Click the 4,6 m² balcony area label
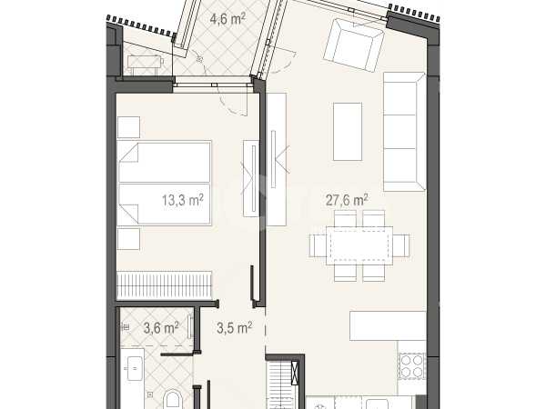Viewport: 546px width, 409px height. [227, 18]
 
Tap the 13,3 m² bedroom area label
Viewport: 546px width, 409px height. [183, 201]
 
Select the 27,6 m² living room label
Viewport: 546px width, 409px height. [347, 200]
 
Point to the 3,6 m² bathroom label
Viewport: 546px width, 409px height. [161, 327]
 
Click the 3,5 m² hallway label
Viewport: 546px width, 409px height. [235, 327]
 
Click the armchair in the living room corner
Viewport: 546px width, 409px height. [354, 45]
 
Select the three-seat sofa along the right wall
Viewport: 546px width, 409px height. [404, 132]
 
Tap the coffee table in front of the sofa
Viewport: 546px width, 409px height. [348, 132]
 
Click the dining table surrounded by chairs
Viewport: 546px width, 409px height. [359, 245]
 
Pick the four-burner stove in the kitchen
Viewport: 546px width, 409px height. [411, 365]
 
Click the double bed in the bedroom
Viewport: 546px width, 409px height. [165, 183]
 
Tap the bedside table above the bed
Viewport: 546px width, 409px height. [128, 127]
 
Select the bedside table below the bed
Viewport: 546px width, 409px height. [128, 239]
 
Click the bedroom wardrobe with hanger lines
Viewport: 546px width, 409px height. [165, 285]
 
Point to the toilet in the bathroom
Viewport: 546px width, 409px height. [172, 400]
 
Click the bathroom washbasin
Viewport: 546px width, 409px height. [135, 369]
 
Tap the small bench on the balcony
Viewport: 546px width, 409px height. [146, 65]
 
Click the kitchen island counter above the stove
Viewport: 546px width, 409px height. [388, 326]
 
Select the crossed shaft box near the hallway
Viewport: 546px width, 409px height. [295, 374]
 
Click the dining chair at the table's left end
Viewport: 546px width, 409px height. [318, 245]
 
